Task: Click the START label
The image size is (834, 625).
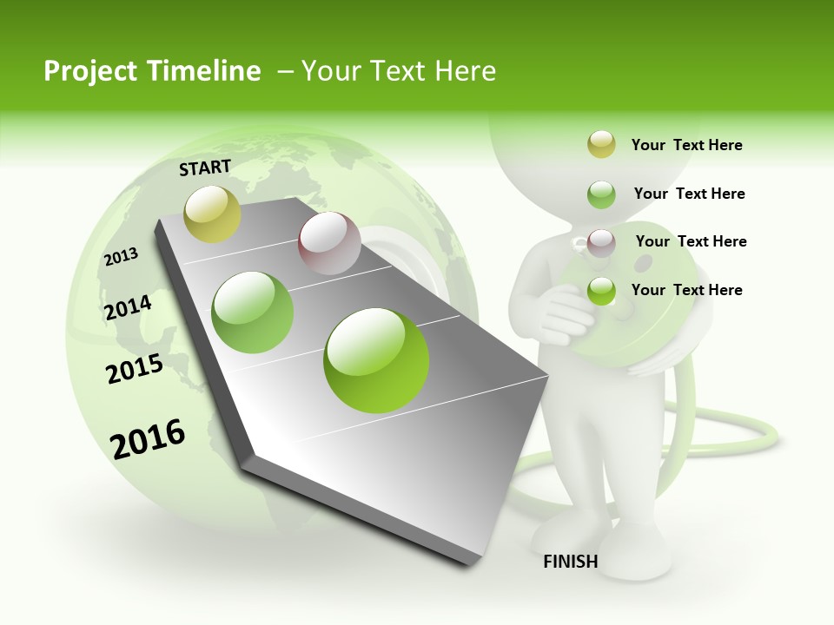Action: point(205,168)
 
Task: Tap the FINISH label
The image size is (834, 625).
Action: point(570,562)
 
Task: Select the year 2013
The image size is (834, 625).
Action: point(121,256)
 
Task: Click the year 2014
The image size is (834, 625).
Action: point(128,307)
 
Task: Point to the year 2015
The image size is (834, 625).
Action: point(135,369)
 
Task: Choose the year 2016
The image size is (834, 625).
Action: point(148,439)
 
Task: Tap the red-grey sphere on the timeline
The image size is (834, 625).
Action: point(329,243)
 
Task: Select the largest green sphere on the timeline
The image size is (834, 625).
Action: point(376,360)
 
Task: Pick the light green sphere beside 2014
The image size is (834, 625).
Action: point(253,312)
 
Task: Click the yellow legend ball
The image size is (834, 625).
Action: point(601,145)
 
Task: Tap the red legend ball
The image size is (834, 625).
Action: point(601,242)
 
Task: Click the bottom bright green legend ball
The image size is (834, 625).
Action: point(601,291)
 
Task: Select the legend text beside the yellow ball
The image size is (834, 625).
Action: point(686,145)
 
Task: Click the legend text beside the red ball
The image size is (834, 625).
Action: point(691,241)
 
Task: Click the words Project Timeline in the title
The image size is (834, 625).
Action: point(152,71)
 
